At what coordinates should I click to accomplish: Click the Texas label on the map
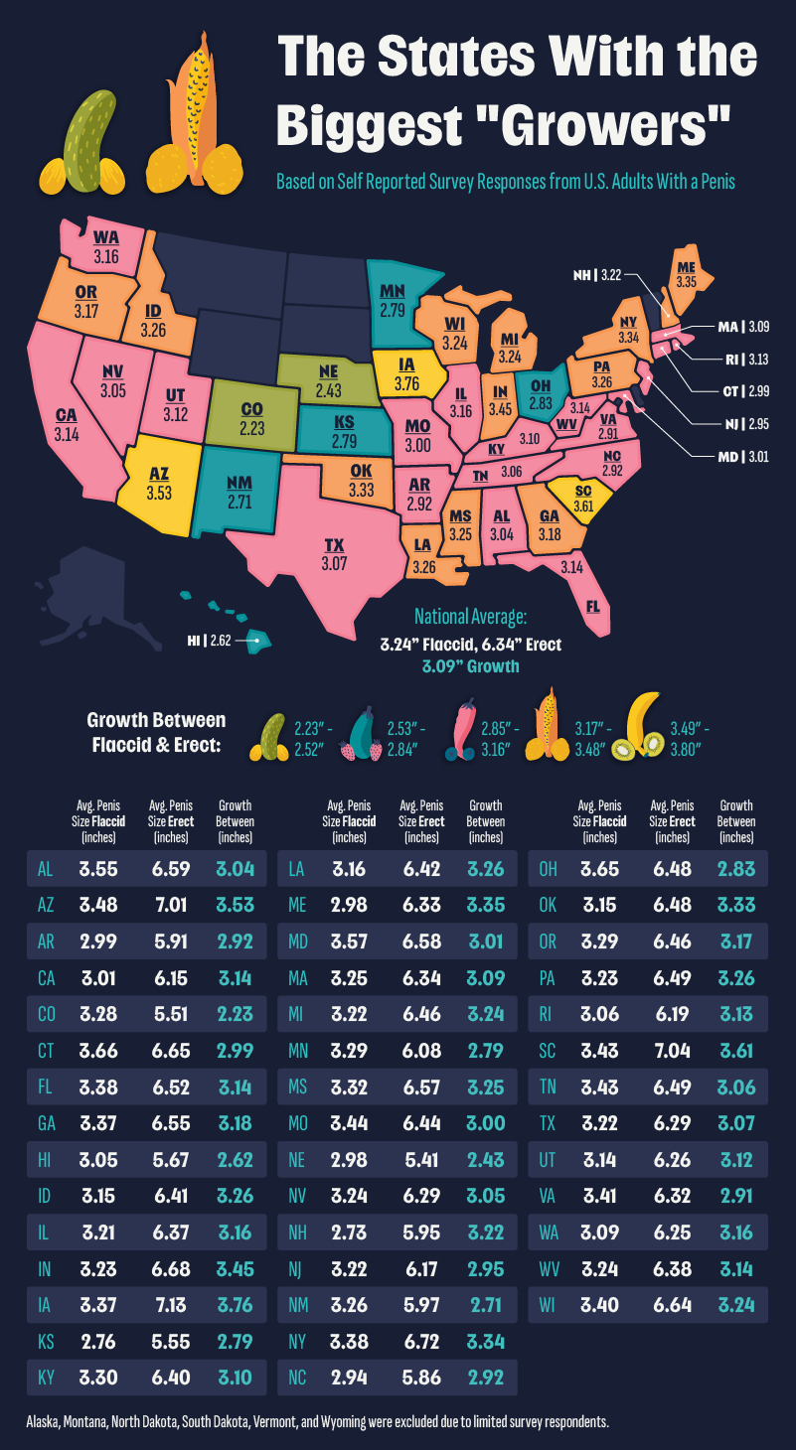click(333, 545)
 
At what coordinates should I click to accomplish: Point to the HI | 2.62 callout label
click(209, 641)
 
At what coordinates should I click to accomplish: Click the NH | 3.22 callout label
click(597, 275)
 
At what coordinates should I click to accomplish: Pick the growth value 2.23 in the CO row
click(235, 1013)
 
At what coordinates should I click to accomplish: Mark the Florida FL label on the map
click(593, 605)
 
